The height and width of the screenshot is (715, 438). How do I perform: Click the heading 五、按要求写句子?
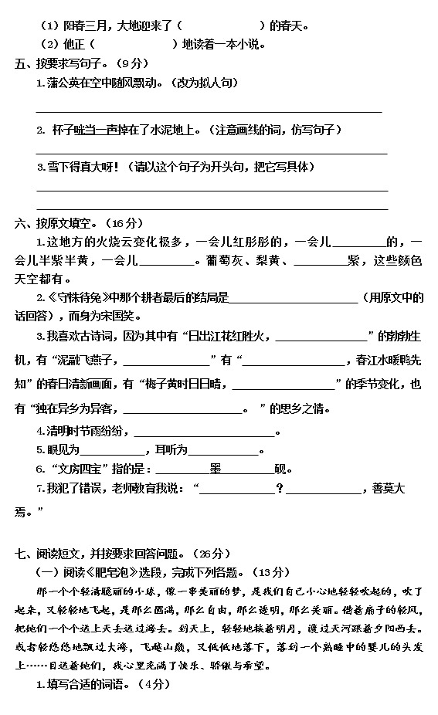pos(66,63)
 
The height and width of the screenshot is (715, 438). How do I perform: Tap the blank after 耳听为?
pos(223,450)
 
